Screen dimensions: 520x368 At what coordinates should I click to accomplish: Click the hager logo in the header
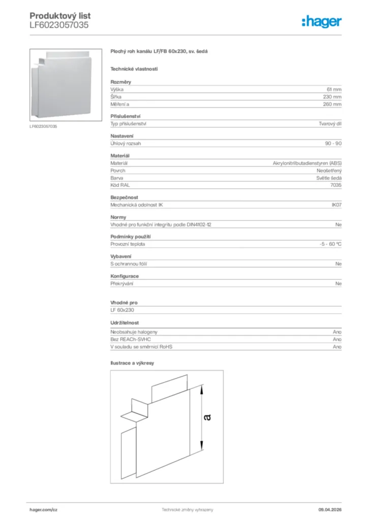[x=322, y=21]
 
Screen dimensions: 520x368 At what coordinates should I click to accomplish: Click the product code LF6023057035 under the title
[x=59, y=24]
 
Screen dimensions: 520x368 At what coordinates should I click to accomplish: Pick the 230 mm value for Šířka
[x=332, y=96]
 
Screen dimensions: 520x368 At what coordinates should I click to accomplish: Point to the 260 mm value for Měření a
[x=332, y=104]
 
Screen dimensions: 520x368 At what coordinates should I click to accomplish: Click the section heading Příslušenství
[x=126, y=116]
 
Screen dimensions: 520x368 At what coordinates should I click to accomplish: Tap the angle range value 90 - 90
[x=333, y=143]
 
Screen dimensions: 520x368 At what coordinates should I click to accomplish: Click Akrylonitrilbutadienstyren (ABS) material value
[x=308, y=163]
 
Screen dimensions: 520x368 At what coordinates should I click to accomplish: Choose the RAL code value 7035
[x=336, y=185]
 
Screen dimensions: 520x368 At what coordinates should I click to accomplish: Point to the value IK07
[x=336, y=205]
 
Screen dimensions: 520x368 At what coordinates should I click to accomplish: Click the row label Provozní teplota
[x=128, y=244]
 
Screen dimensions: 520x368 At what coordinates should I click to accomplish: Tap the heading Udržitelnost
[x=125, y=322]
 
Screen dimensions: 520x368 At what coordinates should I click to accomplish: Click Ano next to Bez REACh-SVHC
[x=337, y=339]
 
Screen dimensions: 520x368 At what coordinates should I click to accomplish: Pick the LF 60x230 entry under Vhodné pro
[x=122, y=310]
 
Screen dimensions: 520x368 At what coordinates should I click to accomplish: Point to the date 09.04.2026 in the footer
[x=329, y=509]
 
